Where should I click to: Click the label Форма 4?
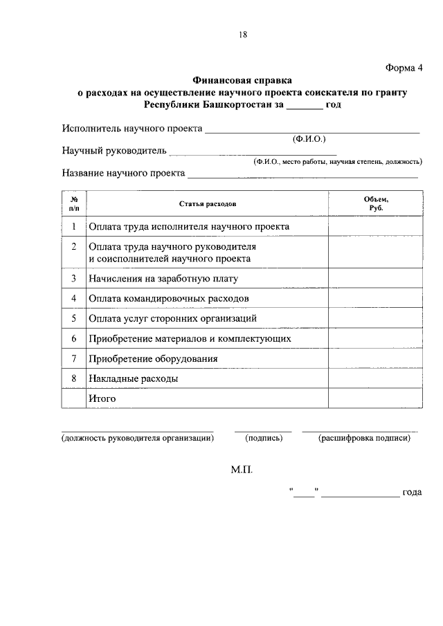[403, 67]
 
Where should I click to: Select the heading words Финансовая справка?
[242, 80]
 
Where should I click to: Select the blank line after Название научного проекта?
[303, 176]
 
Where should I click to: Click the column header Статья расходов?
[208, 205]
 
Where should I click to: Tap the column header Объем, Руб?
[375, 204]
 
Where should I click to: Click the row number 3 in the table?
[73, 279]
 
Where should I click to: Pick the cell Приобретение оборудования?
[154, 359]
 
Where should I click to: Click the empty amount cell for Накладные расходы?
[375, 379]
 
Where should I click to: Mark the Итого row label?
[102, 399]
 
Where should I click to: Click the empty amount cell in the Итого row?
[375, 399]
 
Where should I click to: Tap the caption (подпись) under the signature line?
[264, 438]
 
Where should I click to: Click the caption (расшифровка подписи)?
[364, 438]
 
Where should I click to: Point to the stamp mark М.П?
[242, 470]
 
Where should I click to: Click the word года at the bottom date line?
[412, 492]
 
